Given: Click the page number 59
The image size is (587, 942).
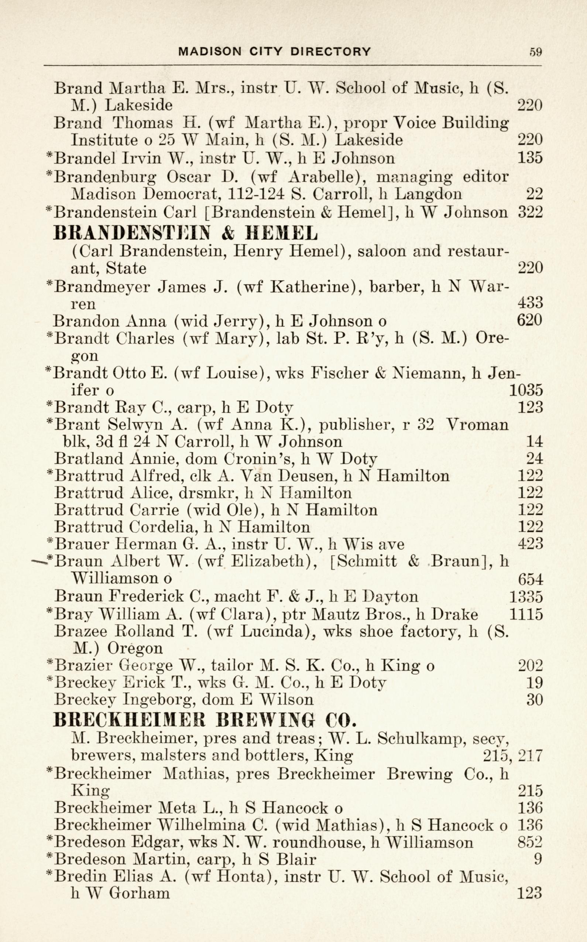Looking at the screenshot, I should pyautogui.click(x=535, y=52).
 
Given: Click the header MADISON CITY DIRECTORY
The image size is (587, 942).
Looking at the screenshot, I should pyautogui.click(x=274, y=52).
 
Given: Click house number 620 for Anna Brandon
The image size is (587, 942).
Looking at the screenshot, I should pyautogui.click(x=529, y=321).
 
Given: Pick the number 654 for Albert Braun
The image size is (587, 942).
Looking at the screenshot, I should pyautogui.click(x=530, y=579).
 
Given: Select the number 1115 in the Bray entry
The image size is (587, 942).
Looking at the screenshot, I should pyautogui.click(x=525, y=614).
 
